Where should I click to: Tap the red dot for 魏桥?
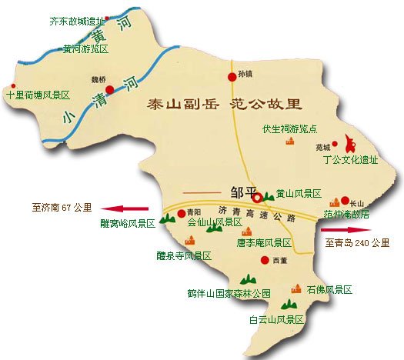110,90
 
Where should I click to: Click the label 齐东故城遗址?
76,21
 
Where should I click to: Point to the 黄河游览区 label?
85,48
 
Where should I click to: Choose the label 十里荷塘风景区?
38,95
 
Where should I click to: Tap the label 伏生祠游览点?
289,128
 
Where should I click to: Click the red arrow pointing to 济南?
127,208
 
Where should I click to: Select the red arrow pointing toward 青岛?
346,228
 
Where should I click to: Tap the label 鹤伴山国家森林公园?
229,293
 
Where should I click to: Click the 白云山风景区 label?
276,318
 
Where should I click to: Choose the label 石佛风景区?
329,290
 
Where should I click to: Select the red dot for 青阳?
182,213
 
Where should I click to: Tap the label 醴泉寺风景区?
184,255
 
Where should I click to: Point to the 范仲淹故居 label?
346,213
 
